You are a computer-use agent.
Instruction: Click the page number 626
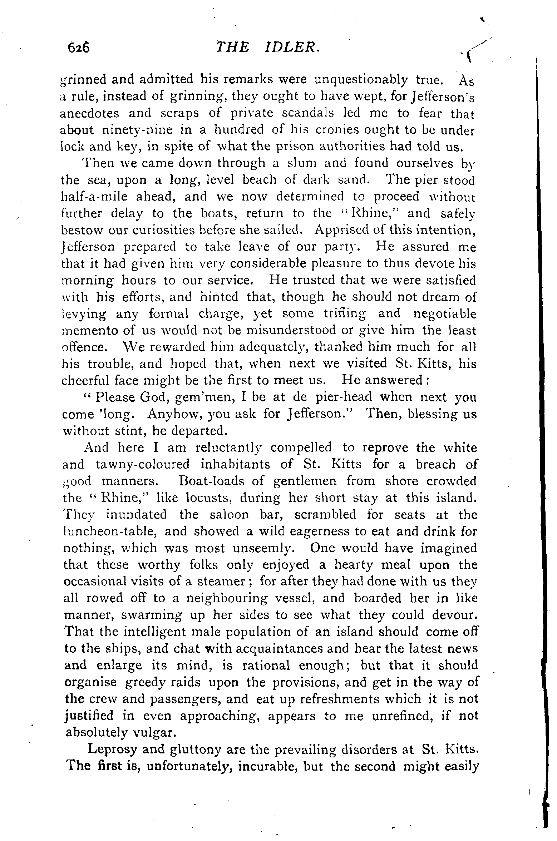(x=74, y=48)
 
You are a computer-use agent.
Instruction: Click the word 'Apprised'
(x=341, y=231)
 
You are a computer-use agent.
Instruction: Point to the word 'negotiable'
(x=444, y=314)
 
